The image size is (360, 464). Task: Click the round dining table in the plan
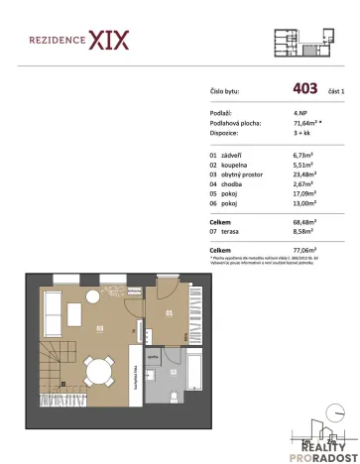[x=98, y=373]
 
